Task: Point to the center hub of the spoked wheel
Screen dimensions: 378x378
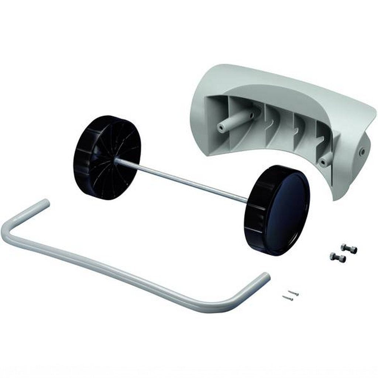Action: pyautogui.click(x=116, y=159)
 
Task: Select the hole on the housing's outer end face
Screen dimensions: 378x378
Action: pyautogui.click(x=362, y=151)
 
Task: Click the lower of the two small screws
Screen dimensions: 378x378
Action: pyautogui.click(x=288, y=298)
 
